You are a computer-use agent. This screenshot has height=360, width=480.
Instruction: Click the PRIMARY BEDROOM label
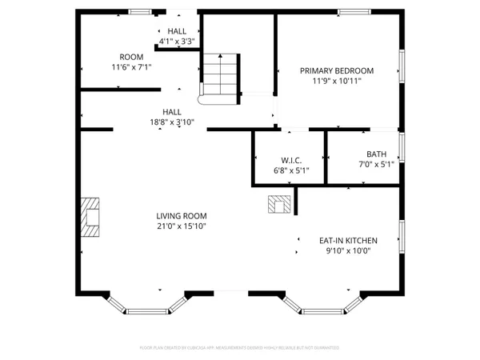337,70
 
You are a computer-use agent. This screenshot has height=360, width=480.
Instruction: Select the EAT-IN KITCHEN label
348,240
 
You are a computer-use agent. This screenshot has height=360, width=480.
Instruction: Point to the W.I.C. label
290,160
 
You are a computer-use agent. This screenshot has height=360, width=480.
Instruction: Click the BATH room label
376,154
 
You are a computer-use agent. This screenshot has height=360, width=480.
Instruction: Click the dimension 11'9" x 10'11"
337,81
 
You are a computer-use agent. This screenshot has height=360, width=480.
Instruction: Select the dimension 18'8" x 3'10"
171,122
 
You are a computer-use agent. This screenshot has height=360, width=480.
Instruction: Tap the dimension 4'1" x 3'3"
177,41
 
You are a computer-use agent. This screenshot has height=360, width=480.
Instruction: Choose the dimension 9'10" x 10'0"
348,250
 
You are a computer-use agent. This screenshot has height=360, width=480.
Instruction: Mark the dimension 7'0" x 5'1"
376,165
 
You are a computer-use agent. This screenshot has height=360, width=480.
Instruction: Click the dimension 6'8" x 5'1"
290,170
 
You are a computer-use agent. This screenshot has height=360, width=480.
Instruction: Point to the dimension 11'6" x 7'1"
130,67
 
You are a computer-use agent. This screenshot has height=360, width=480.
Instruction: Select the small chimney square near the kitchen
280,204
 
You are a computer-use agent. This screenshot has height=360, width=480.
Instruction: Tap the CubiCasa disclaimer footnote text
239,348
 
